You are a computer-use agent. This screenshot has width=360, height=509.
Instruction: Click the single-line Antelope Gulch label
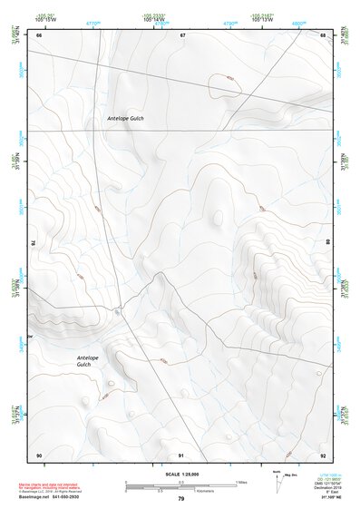pos(125,119)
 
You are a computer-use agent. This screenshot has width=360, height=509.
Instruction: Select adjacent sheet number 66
pos(39,34)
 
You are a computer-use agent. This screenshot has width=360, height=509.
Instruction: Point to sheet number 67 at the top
pos(182,34)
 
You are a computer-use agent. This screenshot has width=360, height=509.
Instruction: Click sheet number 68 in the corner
pos(323,34)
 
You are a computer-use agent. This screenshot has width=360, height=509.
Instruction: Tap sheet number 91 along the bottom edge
pos(181,455)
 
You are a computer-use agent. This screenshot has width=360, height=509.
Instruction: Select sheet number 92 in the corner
pos(324,455)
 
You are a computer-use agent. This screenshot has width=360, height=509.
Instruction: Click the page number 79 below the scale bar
pos(180,499)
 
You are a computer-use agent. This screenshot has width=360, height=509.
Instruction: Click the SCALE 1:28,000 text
pos(180,474)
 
